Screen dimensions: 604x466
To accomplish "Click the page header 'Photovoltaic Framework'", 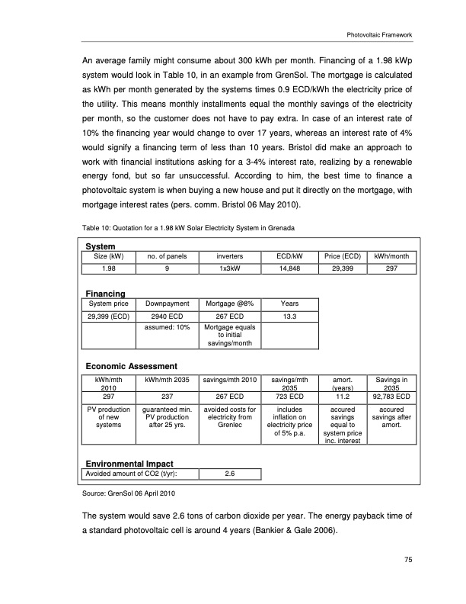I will [378, 34].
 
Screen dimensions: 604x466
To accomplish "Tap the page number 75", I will [408, 561].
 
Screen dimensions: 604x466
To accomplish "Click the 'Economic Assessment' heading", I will [130, 365].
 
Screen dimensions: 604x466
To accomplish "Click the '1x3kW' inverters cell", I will [229, 268].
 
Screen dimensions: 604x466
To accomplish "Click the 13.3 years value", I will [289, 315].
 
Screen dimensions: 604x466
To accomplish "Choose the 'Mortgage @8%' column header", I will [229, 304].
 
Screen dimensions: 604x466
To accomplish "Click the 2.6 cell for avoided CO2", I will [229, 474].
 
